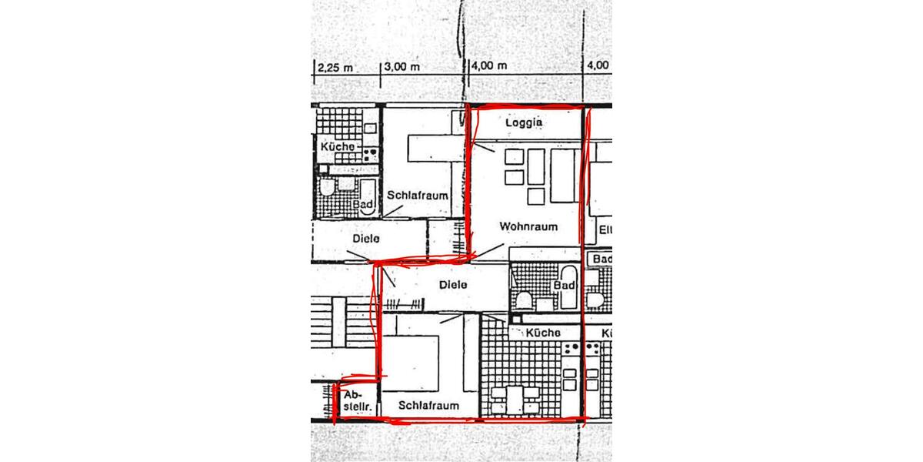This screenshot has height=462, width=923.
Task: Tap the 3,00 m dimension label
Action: (402, 66)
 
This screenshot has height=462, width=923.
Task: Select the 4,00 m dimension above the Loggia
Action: (490, 66)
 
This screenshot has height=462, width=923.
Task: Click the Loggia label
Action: (525, 122)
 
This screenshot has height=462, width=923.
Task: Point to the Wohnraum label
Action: (528, 226)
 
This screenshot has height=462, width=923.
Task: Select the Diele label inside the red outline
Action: (453, 284)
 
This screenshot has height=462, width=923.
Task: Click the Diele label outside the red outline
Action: (366, 239)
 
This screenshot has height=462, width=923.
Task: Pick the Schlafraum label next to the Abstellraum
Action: (429, 405)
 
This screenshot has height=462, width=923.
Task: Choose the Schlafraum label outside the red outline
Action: (418, 195)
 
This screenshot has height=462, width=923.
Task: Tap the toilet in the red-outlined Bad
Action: (524, 299)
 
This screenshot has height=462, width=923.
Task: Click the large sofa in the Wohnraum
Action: (565, 176)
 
